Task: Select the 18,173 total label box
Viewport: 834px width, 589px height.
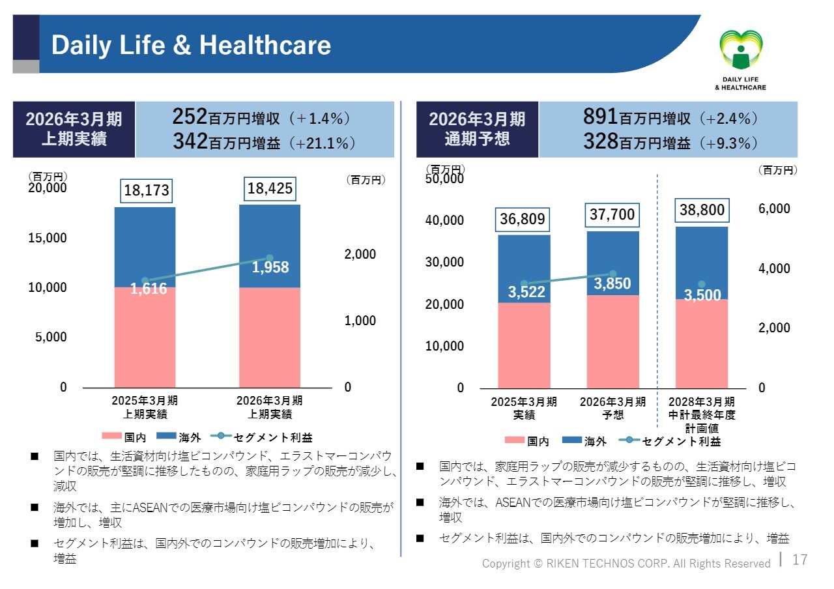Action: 147,190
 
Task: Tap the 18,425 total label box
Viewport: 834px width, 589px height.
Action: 270,189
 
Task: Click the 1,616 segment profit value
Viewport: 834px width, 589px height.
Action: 149,289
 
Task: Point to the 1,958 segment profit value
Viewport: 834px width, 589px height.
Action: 270,268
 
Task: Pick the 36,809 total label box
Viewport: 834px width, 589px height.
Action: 523,220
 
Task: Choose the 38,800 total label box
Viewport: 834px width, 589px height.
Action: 702,210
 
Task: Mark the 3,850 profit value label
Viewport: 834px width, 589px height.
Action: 612,284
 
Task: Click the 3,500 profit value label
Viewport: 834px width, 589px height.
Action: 702,295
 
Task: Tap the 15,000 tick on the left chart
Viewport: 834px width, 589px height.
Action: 48,238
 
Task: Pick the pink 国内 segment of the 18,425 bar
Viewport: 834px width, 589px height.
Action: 270,338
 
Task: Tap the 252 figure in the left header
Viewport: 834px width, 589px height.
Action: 190,117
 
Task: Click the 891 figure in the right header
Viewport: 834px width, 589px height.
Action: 600,117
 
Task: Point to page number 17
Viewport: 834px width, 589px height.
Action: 799,560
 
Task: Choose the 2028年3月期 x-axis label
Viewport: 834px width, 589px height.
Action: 702,401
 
